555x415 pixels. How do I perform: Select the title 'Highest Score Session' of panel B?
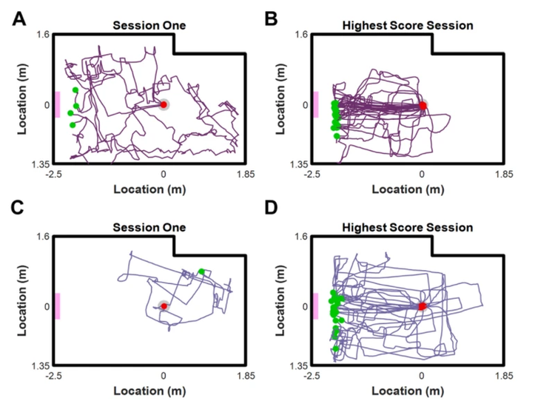coord(408,25)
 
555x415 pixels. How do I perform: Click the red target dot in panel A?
coord(164,105)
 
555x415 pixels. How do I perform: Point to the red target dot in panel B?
coord(423,106)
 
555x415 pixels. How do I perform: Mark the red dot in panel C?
coord(164,306)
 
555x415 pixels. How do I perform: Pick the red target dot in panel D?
coord(423,306)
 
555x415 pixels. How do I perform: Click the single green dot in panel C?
coord(201,271)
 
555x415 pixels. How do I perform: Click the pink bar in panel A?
coord(57,104)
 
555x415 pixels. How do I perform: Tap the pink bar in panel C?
coord(57,306)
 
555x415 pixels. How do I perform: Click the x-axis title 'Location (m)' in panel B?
coord(408,189)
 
